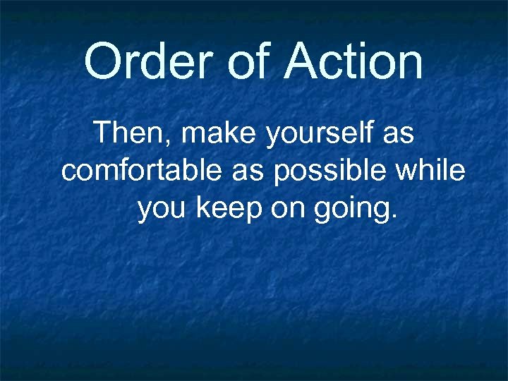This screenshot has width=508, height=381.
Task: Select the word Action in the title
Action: pos(353,61)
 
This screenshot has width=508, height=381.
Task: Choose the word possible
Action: pos(329,172)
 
